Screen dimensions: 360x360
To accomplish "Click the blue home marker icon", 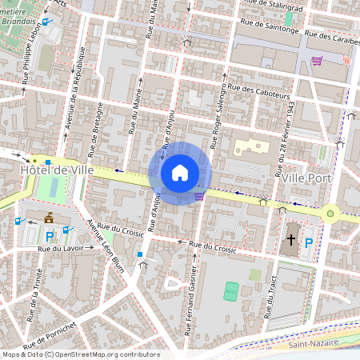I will pyautogui.click(x=180, y=173).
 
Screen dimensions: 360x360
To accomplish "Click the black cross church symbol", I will pyautogui.click(x=291, y=239).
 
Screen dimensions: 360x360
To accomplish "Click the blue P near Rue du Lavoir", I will pyautogui.click(x=50, y=237).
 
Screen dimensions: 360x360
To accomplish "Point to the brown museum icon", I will pyautogui.click(x=50, y=218).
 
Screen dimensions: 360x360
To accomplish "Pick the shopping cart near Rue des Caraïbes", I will pyautogui.click(x=317, y=60).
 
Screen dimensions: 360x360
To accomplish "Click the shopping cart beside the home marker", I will pyautogui.click(x=198, y=195).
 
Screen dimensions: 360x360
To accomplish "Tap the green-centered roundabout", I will pyautogui.click(x=330, y=213).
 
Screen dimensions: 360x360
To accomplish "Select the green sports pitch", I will pyautogui.click(x=232, y=290).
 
